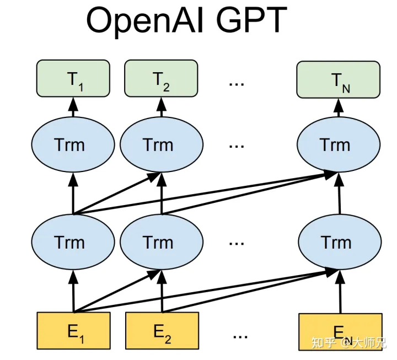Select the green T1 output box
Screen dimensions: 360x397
pyautogui.click(x=73, y=79)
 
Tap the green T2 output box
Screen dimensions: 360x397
pyautogui.click(x=161, y=79)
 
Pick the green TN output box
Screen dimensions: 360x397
pyautogui.click(x=338, y=79)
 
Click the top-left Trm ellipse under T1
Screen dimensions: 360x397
pyautogui.click(x=70, y=145)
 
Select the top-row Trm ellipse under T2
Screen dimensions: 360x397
pyautogui.click(x=158, y=145)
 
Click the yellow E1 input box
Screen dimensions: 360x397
pyautogui.click(x=73, y=331)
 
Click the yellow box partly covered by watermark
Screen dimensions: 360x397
pyautogui.click(x=340, y=331)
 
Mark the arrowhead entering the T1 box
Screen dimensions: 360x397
pyautogui.click(x=73, y=102)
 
